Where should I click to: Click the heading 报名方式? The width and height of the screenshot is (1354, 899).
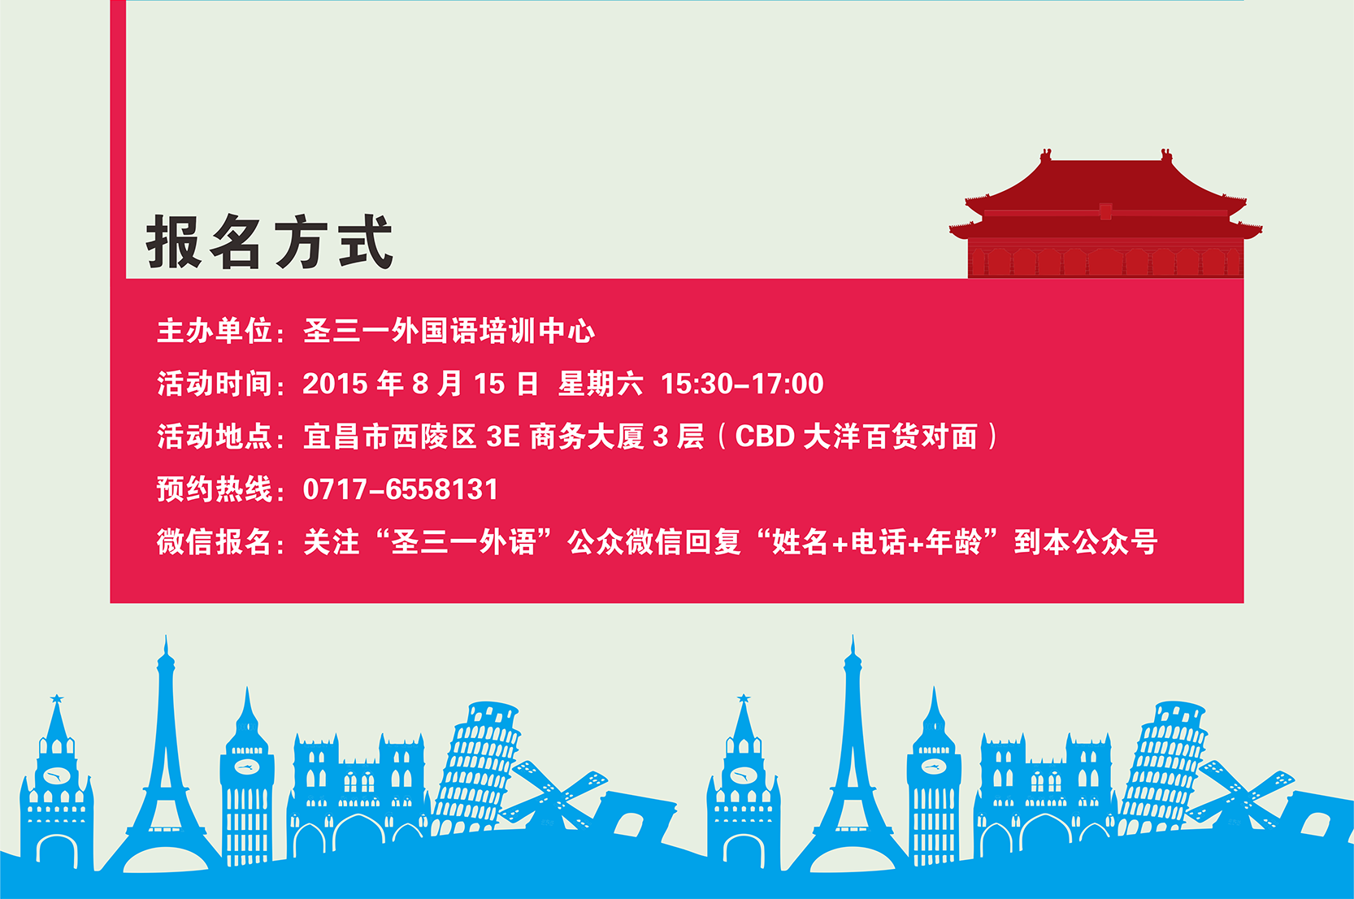point(270,242)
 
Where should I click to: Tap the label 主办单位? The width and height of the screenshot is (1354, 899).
point(215,331)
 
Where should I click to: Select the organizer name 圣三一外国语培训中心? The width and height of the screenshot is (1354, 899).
point(449,331)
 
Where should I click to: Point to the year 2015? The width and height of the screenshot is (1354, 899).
point(336,384)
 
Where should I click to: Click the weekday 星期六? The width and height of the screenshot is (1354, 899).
point(601,384)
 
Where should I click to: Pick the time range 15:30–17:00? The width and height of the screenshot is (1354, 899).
point(742,384)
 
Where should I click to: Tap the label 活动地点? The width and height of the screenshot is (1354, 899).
point(215,436)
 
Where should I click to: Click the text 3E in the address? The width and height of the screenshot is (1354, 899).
point(503,436)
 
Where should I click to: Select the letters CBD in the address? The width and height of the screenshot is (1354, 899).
point(765,436)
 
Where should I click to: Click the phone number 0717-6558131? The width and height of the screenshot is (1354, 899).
point(400,489)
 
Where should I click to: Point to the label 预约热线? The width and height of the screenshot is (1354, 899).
point(215,489)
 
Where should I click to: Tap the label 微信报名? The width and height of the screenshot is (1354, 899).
point(215,541)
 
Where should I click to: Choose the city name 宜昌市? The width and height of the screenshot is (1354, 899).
point(347,436)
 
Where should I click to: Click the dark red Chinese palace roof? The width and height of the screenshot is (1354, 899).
point(1105,193)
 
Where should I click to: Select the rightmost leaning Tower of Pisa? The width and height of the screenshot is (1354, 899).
point(1164,768)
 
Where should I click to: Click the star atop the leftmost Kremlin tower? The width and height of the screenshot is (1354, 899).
point(57,699)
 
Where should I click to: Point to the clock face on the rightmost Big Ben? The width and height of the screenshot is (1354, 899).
point(934,767)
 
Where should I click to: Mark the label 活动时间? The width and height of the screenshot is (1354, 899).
point(215,384)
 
